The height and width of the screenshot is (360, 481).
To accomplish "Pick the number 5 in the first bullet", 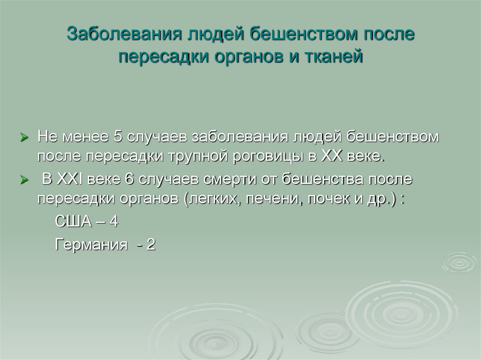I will point(118,137).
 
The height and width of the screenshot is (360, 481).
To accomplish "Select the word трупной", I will point(195,156).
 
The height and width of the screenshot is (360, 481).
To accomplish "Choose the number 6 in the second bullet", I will point(129,179).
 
